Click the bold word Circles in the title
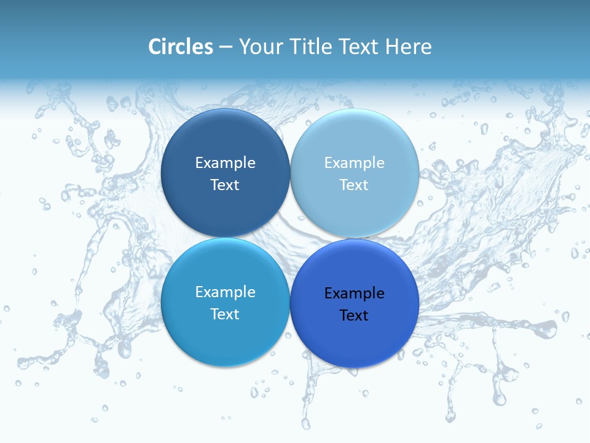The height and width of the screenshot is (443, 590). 181,47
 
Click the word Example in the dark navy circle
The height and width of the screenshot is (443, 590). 225,163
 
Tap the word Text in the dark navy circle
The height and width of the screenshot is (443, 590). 225,185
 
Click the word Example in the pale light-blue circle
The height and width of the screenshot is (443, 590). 355,163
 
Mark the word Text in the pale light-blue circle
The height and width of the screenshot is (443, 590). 355,185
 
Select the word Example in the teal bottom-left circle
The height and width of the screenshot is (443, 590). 225,292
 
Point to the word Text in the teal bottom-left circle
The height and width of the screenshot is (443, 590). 225,314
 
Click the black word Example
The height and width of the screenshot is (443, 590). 355,293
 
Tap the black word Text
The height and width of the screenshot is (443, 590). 355,316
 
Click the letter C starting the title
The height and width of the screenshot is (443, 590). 155,47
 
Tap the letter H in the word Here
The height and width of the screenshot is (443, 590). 391,47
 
